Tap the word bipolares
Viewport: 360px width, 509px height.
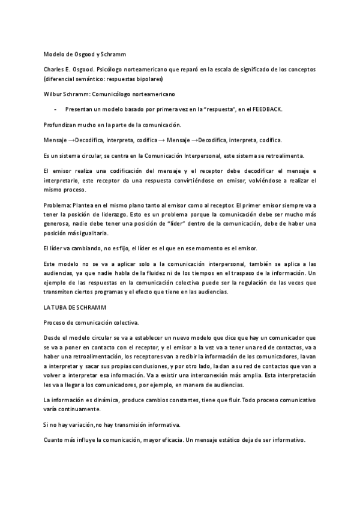pyautogui.click(x=149, y=79)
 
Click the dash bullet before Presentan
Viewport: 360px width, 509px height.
pyautogui.click(x=56, y=109)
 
